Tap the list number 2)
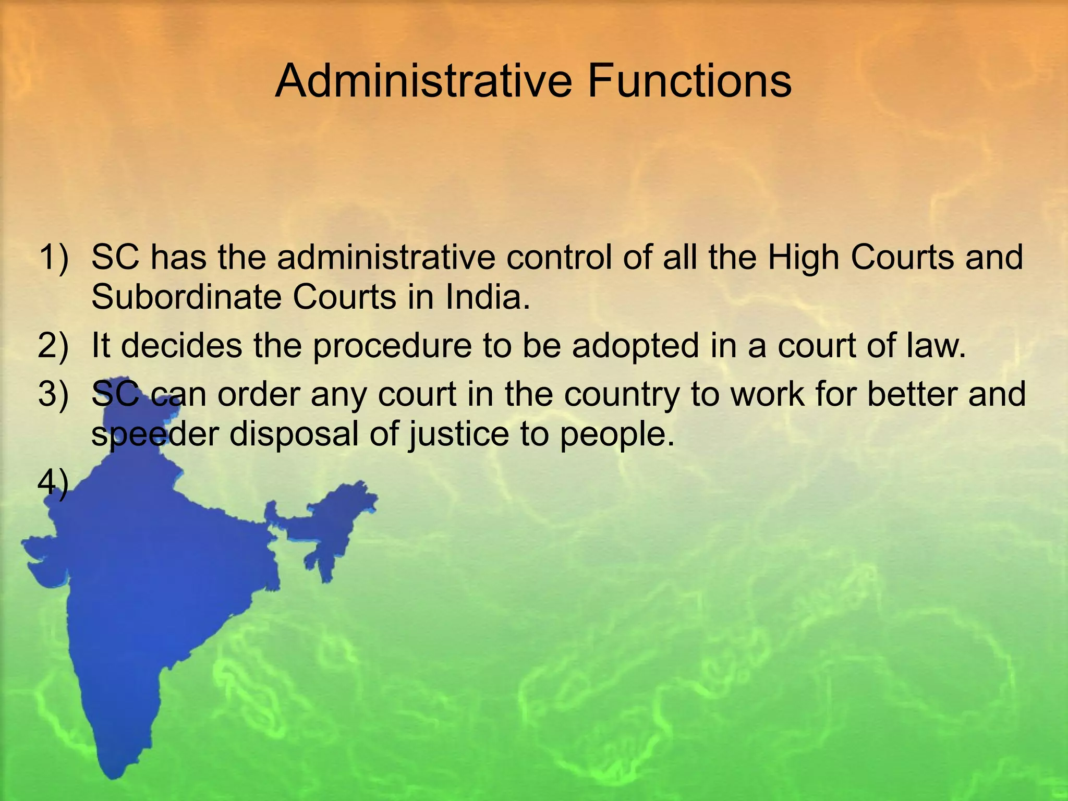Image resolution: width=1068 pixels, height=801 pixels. [53, 346]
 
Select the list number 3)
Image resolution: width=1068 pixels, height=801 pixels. [53, 394]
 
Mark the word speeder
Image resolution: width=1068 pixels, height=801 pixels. [155, 435]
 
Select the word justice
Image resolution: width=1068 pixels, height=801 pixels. [458, 435]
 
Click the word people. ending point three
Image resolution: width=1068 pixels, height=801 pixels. [617, 435]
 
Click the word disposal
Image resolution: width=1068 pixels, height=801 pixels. [295, 435]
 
